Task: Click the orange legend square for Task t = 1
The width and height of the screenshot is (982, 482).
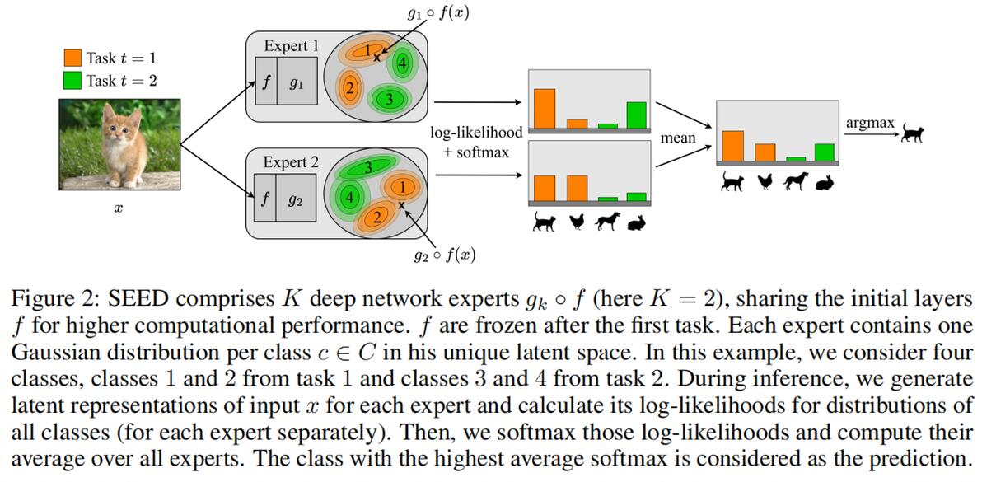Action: pyautogui.click(x=72, y=58)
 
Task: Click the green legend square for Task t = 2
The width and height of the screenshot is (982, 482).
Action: pyautogui.click(x=72, y=81)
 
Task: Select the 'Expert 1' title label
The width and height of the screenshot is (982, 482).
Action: pyautogui.click(x=291, y=45)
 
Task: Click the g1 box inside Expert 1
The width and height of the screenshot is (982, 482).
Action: pyautogui.click(x=297, y=82)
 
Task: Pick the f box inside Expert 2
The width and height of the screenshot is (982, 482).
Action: pyautogui.click(x=264, y=199)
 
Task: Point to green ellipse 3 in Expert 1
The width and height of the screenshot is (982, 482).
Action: pyautogui.click(x=382, y=100)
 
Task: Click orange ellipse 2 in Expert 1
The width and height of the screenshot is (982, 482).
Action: pyautogui.click(x=350, y=88)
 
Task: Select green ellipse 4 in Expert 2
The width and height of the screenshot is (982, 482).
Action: pyautogui.click(x=349, y=198)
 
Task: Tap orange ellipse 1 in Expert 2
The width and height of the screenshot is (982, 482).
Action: pyautogui.click(x=402, y=186)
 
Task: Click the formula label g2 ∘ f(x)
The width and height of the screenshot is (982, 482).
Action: pyautogui.click(x=444, y=255)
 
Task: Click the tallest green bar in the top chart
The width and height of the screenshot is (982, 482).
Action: pyautogui.click(x=636, y=115)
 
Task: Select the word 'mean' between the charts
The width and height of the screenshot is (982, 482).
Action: pyautogui.click(x=678, y=138)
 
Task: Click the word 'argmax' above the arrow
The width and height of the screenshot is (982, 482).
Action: pyautogui.click(x=869, y=123)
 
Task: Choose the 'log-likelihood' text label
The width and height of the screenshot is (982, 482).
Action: pyautogui.click(x=476, y=133)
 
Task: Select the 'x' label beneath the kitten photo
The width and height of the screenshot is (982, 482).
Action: pyautogui.click(x=118, y=210)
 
